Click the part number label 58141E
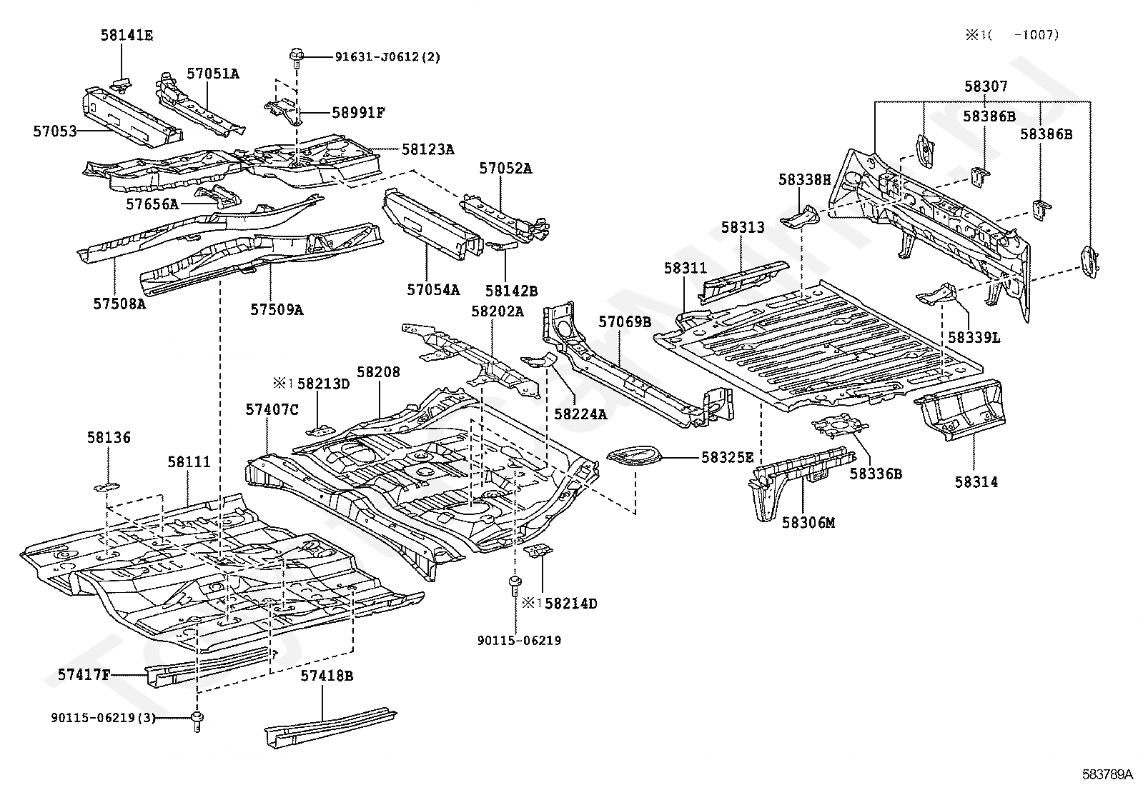[x=127, y=35]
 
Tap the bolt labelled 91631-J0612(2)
[x=296, y=58]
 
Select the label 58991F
[x=358, y=112]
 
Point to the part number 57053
[x=55, y=131]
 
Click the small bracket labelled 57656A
[x=218, y=196]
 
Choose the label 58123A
[x=427, y=149]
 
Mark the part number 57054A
[x=433, y=290]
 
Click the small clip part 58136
[x=107, y=487]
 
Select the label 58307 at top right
[x=986, y=86]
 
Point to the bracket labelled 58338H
[x=800, y=217]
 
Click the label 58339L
[x=974, y=338]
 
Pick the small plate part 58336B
[x=840, y=425]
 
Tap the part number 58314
[x=976, y=482]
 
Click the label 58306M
[x=808, y=522]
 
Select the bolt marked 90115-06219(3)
[x=197, y=721]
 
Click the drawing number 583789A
[x=1107, y=774]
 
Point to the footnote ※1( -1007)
[x=1012, y=35]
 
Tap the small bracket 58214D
[x=538, y=551]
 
